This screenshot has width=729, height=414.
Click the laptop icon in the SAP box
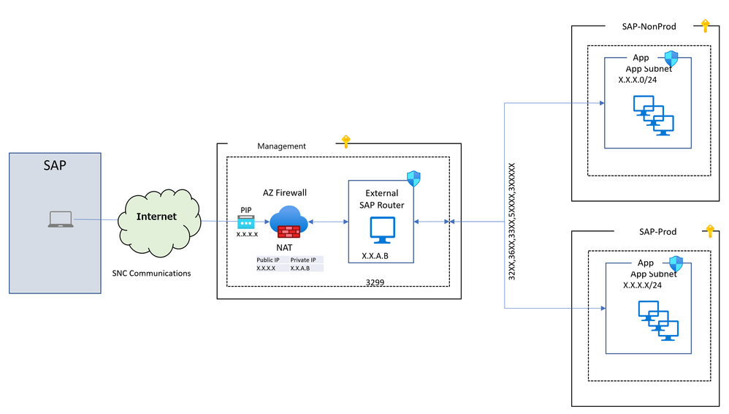tap(60, 219)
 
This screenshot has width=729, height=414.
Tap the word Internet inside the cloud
tap(156, 217)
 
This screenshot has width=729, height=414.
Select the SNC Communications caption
tap(152, 273)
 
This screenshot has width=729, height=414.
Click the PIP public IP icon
tap(246, 222)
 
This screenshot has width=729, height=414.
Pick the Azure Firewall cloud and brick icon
tap(289, 222)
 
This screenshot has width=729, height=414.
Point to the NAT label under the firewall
tap(284, 248)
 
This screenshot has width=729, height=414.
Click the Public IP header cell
tap(267, 260)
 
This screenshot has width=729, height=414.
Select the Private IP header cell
tap(302, 260)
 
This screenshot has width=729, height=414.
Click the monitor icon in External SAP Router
tap(381, 230)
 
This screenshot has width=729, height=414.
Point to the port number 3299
tap(375, 281)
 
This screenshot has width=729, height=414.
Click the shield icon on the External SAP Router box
tap(413, 178)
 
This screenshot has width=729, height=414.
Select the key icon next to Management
tap(346, 141)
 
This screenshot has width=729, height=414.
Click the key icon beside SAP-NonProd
tap(705, 26)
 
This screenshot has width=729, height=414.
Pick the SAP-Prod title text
tap(657, 232)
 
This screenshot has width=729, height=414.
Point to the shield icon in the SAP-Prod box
tap(676, 263)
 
